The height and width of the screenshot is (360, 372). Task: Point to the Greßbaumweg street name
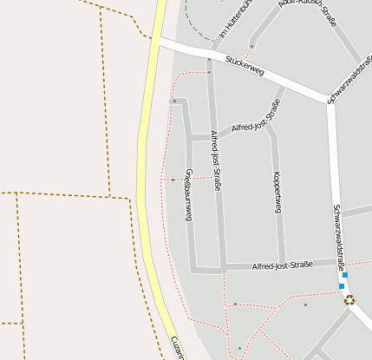click(x=188, y=194)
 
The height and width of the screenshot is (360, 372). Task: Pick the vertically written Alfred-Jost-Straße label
click(x=216, y=160)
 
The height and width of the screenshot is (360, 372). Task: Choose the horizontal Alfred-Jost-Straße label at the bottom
click(x=282, y=265)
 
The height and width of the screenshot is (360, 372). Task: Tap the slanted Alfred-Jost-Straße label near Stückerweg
click(x=256, y=120)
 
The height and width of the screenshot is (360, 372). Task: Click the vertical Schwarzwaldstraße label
click(x=339, y=236)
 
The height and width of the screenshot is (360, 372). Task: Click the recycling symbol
click(x=349, y=300)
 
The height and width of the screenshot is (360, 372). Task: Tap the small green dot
click(x=240, y=348)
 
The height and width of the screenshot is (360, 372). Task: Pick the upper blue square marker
click(x=345, y=275)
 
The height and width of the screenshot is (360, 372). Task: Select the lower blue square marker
click(x=342, y=286)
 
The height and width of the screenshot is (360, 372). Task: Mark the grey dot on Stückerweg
click(x=209, y=60)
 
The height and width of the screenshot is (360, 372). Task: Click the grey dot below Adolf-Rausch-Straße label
click(x=251, y=46)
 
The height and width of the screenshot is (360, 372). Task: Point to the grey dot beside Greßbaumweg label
click(x=173, y=180)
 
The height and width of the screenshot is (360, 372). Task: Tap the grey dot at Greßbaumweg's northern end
click(x=174, y=101)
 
